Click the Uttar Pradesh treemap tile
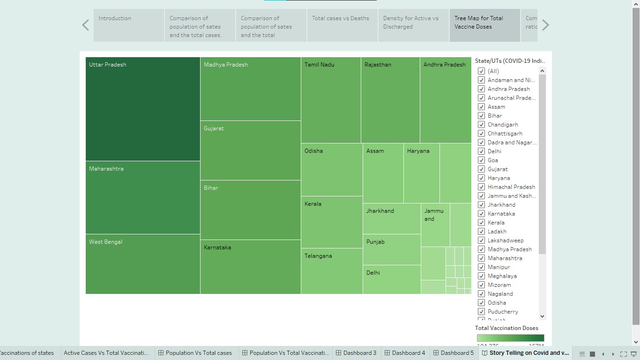(142, 109)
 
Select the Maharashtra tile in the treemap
(142, 197)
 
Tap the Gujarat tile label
(214, 128)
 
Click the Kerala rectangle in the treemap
(331, 222)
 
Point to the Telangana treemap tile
(331, 271)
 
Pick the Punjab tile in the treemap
(391, 249)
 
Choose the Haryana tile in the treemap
(421, 173)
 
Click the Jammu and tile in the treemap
(435, 225)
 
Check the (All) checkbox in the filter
(481, 71)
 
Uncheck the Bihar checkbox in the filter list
(481, 116)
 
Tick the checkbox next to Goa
(481, 160)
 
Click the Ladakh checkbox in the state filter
(481, 232)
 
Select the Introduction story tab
(129, 25)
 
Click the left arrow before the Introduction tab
(85, 25)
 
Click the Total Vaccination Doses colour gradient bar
(510, 338)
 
